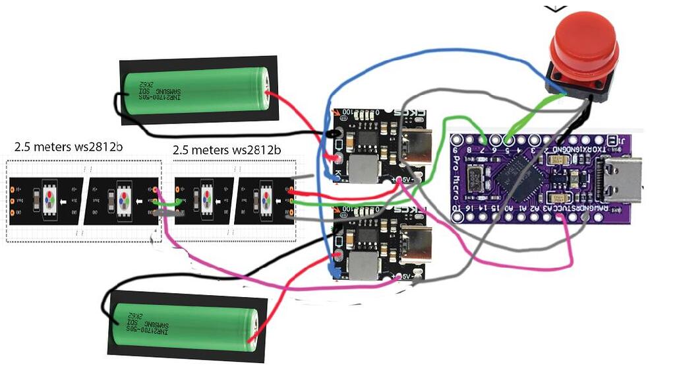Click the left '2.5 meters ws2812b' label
tap(69, 146)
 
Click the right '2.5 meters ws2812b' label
tap(227, 150)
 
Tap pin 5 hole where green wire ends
tap(508, 140)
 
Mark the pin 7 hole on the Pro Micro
tap(484, 140)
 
